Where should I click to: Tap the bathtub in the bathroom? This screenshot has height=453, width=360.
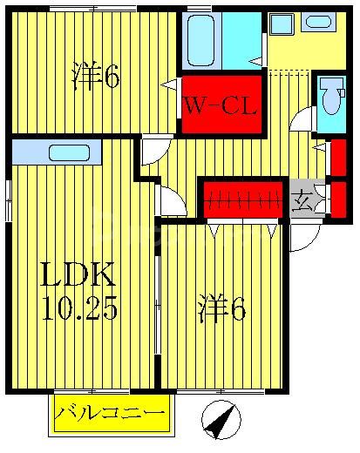click(201, 39)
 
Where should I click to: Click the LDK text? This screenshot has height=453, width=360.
click(79, 277)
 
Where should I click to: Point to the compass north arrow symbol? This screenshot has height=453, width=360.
click(221, 422)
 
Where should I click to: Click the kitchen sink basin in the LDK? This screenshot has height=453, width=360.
click(69, 153)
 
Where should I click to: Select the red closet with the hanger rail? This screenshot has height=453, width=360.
click(242, 199)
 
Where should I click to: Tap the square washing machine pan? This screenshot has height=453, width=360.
click(281, 24)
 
